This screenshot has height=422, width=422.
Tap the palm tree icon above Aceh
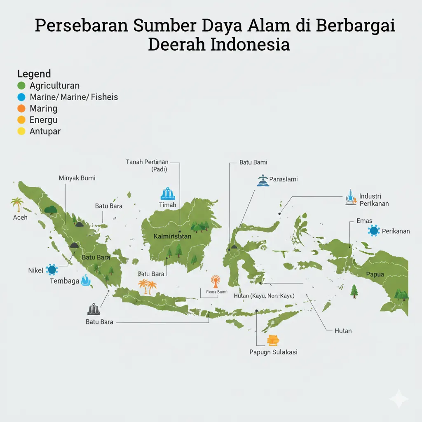(17, 204)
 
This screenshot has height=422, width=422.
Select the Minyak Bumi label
(77, 178)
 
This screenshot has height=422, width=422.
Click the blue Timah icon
(167, 194)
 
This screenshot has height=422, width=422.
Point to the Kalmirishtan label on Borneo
(172, 237)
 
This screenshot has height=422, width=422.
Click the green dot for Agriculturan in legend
(22, 86)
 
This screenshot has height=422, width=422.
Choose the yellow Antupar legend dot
(22, 131)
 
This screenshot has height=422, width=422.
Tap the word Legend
(34, 74)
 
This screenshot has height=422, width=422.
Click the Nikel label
(35, 270)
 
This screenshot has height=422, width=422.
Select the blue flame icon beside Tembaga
(85, 280)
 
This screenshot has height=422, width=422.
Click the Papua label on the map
(375, 274)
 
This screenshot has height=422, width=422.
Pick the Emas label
(364, 221)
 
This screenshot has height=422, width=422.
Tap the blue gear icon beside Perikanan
(374, 231)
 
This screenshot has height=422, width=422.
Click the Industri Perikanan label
(373, 199)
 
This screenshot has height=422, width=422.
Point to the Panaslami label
(283, 179)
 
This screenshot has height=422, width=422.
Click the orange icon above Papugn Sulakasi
(273, 340)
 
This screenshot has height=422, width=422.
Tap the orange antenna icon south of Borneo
(215, 281)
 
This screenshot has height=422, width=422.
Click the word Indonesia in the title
(250, 44)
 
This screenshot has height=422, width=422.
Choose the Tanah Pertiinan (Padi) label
(147, 166)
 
